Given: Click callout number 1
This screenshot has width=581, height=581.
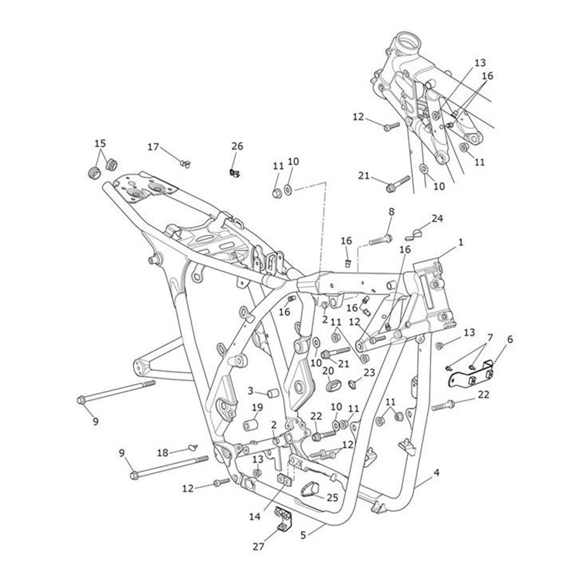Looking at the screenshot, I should click(x=460, y=242).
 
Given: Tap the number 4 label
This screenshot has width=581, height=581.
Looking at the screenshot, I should click(x=437, y=472).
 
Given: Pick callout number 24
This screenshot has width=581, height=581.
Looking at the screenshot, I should click(x=437, y=218).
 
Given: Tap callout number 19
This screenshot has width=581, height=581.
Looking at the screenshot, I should click(x=257, y=408).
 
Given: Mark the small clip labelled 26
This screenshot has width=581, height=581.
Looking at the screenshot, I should click(x=235, y=172).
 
